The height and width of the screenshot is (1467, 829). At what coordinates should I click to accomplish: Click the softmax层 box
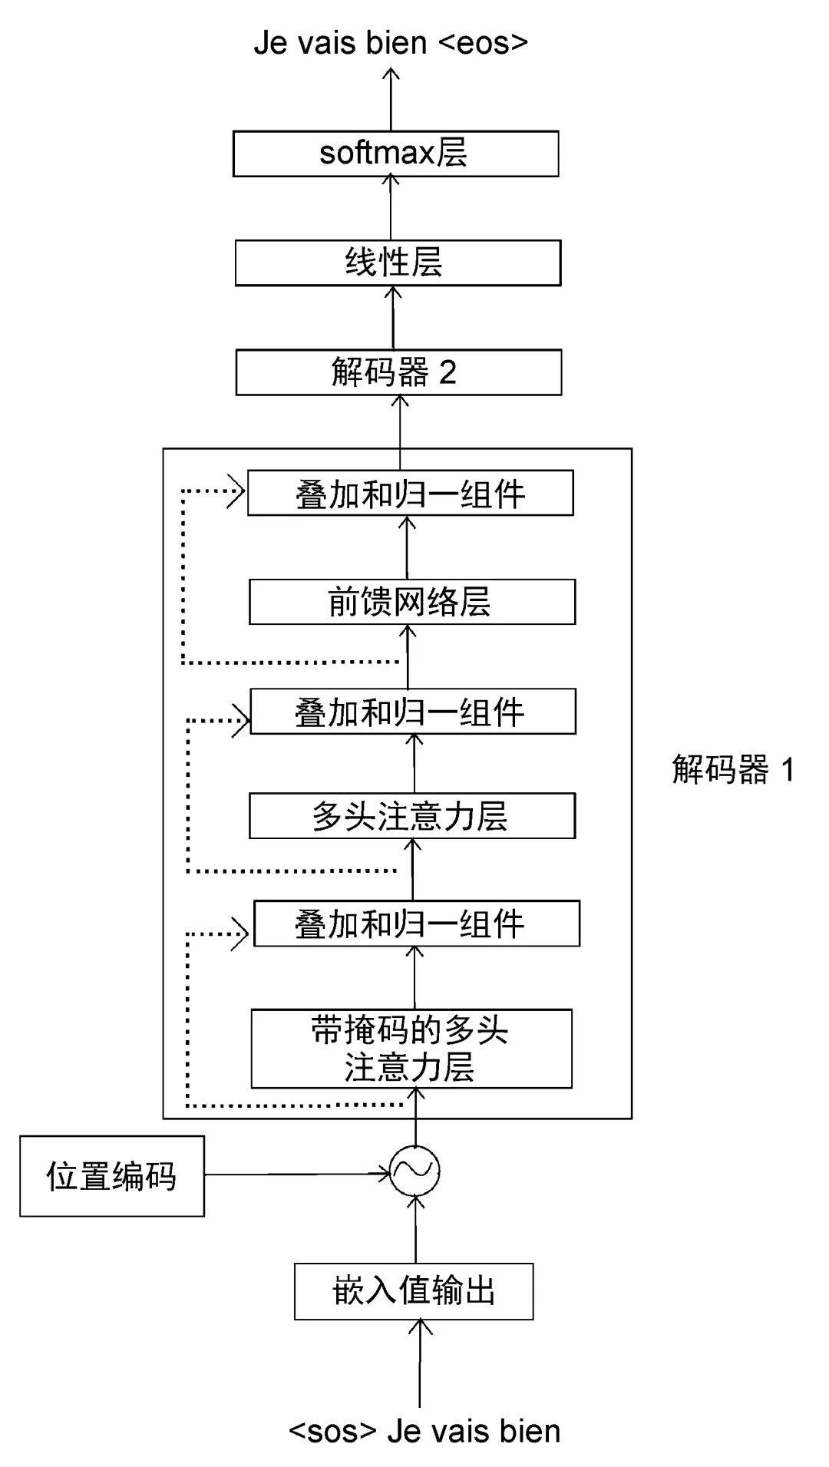click(395, 154)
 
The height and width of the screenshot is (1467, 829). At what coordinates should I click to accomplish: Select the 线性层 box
click(398, 263)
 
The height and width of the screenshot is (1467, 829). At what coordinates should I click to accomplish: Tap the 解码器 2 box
click(398, 372)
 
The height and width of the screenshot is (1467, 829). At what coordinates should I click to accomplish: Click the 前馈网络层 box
click(411, 602)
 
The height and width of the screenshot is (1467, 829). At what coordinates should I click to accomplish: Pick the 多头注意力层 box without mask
click(411, 816)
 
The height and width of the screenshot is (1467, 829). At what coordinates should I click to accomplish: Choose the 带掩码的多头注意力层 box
click(411, 1049)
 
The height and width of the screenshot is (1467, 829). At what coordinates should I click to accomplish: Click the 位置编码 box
click(112, 1176)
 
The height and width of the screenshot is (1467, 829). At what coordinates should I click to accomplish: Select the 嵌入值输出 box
click(414, 1291)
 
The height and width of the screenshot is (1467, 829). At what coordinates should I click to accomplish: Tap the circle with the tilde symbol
click(414, 1171)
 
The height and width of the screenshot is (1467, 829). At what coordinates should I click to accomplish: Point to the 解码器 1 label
click(733, 769)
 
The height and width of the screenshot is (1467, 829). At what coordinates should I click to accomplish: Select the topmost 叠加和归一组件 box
click(410, 493)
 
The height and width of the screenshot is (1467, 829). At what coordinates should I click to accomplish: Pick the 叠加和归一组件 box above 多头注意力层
click(412, 712)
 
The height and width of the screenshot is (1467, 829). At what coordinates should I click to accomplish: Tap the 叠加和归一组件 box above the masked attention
click(416, 923)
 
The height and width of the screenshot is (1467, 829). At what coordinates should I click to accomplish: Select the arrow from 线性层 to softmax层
click(391, 208)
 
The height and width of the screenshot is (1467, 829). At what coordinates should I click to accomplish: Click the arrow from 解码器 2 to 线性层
click(393, 318)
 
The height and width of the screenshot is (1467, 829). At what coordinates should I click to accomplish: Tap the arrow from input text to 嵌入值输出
click(420, 1363)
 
